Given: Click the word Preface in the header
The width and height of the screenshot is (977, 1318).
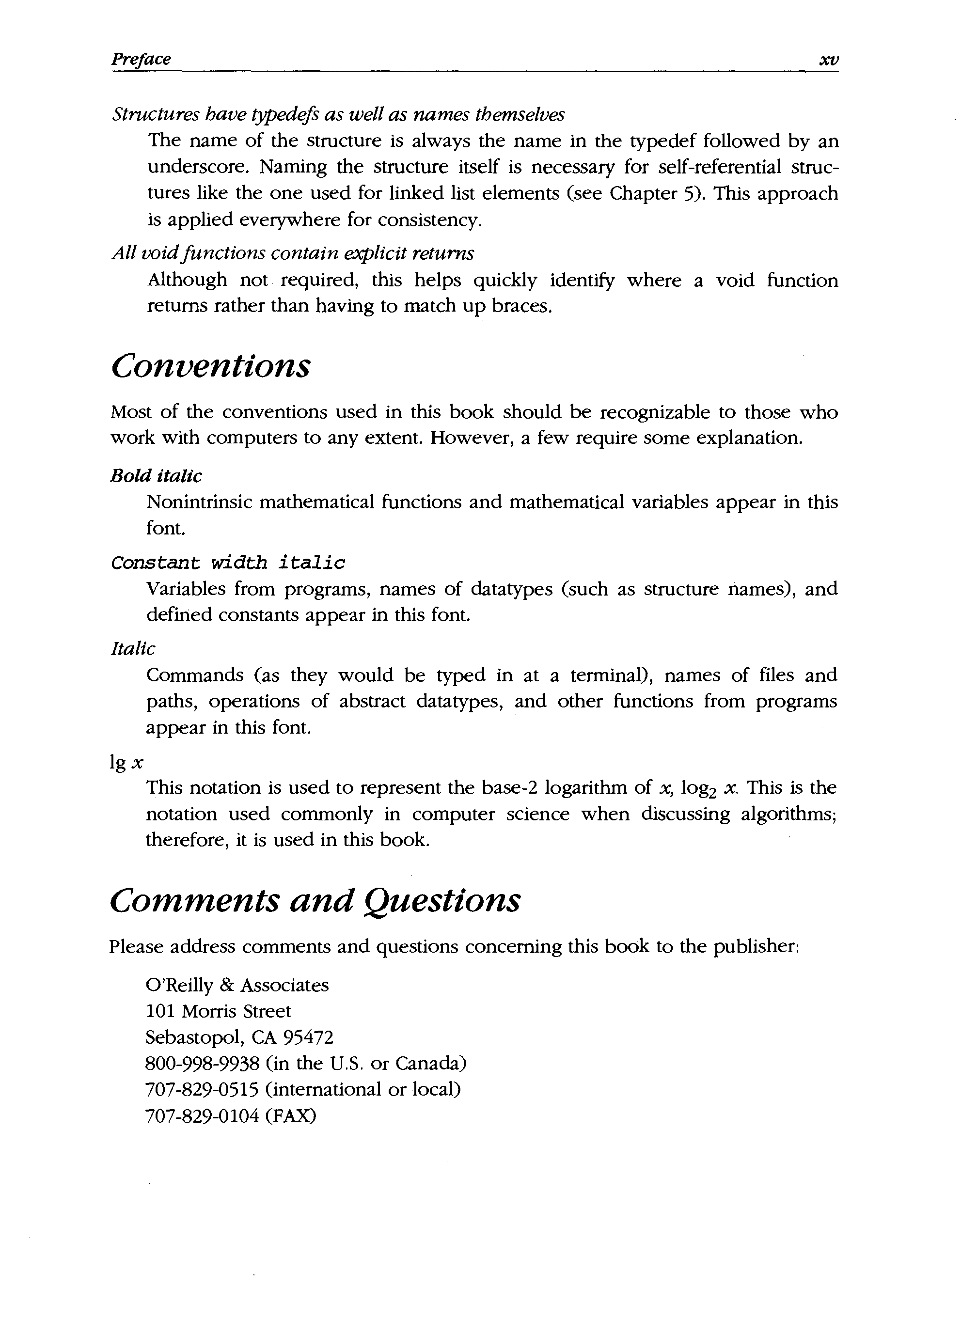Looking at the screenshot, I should (141, 59).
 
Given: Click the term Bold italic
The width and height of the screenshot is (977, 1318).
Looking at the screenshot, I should (156, 475).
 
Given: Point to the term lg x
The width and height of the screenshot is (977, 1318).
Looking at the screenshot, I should (126, 763).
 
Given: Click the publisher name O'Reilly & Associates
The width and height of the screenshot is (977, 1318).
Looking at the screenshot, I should (237, 985).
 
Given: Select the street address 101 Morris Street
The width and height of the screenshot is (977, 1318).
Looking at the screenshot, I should (218, 1011).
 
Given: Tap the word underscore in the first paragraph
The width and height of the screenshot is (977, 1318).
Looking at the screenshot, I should (196, 167).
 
